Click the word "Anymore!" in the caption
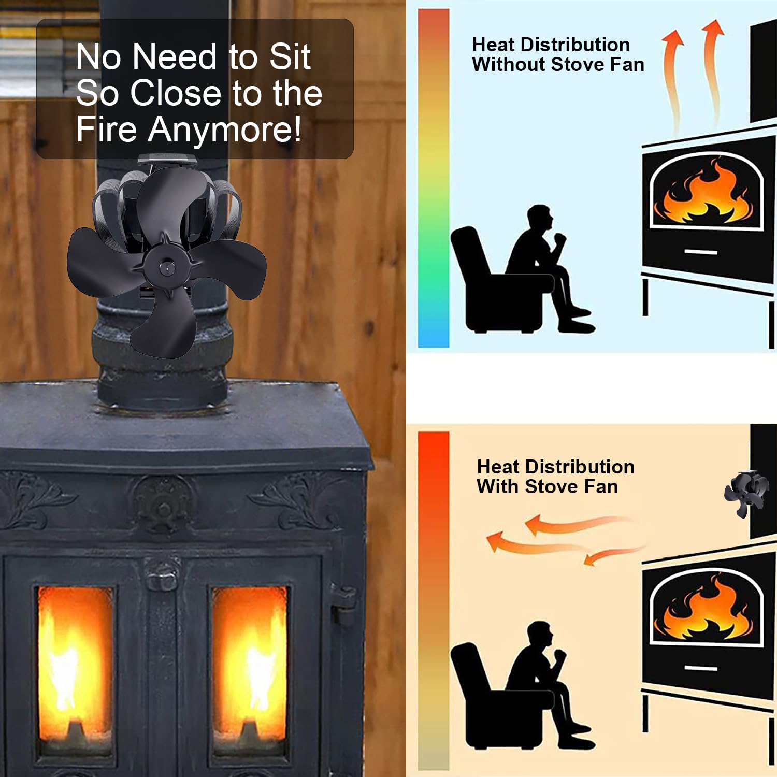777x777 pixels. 224,129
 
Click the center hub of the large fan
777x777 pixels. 167,268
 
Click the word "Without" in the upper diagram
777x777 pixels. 509,65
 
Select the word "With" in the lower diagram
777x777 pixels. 498,487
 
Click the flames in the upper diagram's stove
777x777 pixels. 704,194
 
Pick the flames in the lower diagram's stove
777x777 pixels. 704,609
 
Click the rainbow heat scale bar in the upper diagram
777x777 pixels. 433,178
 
